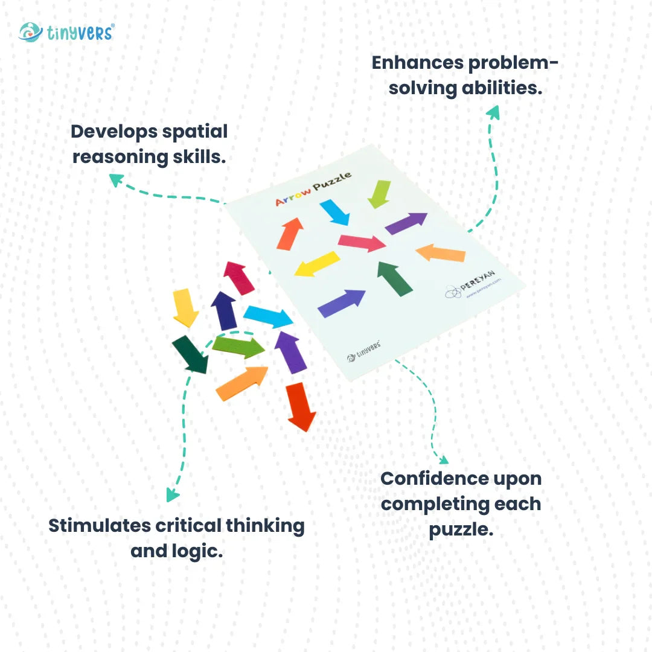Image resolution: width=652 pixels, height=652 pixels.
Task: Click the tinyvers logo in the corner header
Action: tap(66, 32)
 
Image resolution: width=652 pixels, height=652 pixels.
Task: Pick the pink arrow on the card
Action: tap(362, 243)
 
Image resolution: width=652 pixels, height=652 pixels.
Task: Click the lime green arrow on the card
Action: tap(379, 194)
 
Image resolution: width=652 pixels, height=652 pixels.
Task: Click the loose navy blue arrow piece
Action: tap(224, 310)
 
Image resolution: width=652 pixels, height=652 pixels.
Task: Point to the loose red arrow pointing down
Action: tap(300, 406)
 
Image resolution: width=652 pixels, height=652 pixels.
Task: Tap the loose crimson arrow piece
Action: tap(239, 278)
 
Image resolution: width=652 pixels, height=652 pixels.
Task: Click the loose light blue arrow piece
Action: tap(268, 316)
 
